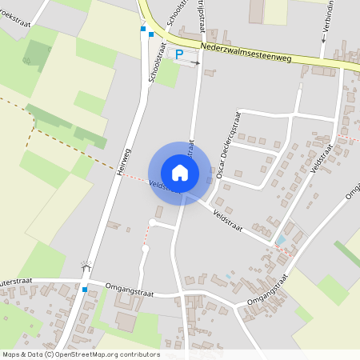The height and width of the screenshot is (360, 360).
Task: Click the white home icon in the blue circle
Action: point(180,173)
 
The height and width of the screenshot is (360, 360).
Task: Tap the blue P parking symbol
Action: point(179,54)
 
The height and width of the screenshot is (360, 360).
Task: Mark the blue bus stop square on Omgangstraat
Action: point(84,290)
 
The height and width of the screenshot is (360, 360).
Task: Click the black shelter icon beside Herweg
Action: point(86,266)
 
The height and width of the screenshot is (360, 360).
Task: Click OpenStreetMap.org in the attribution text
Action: point(85,354)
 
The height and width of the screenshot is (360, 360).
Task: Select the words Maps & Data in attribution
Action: point(22,354)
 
